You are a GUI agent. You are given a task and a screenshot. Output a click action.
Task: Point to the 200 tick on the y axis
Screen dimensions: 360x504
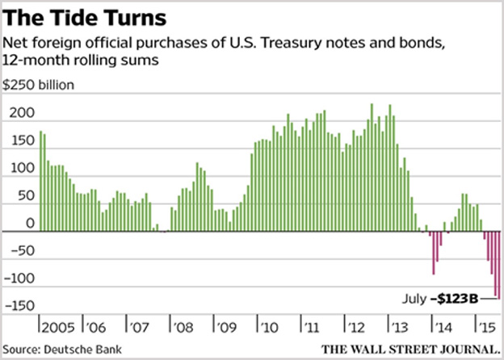click(x=18, y=114)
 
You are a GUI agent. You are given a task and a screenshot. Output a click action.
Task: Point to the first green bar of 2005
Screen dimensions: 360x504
click(x=40, y=182)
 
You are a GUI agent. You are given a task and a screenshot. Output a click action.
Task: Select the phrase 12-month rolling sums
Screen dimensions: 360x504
click(x=79, y=60)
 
